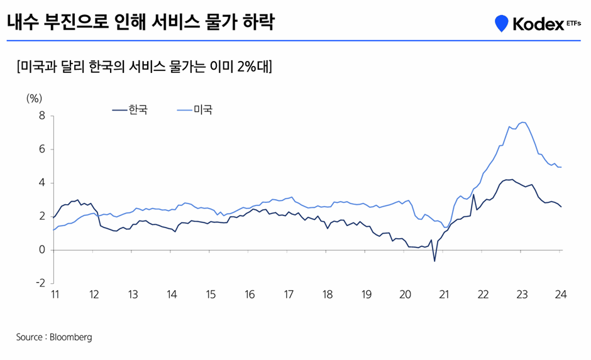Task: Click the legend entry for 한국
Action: click(x=131, y=110)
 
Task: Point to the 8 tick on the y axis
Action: click(x=42, y=116)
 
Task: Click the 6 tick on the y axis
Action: click(x=42, y=150)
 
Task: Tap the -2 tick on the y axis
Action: click(x=40, y=283)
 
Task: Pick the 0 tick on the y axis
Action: click(x=42, y=250)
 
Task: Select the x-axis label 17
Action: click(x=289, y=295)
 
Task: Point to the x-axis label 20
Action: click(x=406, y=295)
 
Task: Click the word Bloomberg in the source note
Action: click(x=71, y=337)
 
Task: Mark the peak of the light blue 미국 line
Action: click(x=523, y=122)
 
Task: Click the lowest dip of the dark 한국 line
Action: click(x=434, y=261)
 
